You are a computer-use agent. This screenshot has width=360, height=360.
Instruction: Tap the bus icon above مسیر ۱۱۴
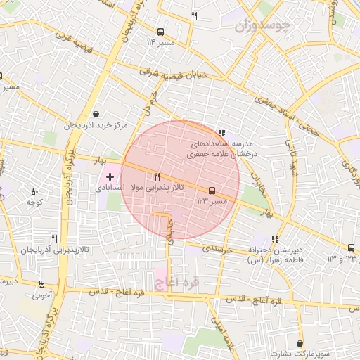click(161, 32)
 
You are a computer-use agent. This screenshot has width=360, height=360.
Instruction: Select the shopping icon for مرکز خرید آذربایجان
click(96, 115)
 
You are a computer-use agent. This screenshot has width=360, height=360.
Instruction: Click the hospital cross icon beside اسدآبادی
click(110, 175)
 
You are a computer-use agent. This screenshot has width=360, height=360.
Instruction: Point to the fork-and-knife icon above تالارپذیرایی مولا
click(157, 177)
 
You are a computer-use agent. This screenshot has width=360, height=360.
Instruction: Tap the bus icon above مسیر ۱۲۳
click(211, 191)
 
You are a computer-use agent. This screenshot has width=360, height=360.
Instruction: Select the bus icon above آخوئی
click(43, 285)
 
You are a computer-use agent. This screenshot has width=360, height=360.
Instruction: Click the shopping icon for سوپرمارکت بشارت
click(301, 344)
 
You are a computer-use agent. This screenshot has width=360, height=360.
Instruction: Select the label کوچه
click(35, 202)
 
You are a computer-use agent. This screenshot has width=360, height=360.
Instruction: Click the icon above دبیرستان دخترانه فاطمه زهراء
click(274, 239)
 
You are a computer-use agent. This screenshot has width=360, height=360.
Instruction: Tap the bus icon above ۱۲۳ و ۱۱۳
click(351, 248)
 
